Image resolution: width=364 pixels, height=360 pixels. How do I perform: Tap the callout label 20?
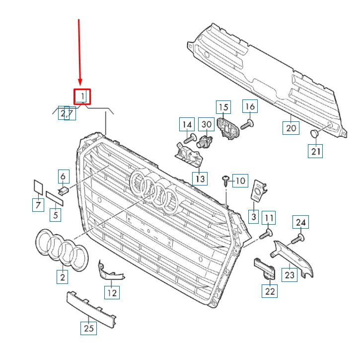click(x=291, y=128)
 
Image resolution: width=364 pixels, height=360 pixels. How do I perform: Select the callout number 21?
click(x=315, y=151)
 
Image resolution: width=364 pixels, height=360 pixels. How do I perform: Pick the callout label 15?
click(x=223, y=107)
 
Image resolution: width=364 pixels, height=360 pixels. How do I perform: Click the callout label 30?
click(x=206, y=124)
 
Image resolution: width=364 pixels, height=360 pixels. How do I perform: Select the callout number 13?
click(x=200, y=178)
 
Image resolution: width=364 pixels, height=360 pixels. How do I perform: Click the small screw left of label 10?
click(x=225, y=180)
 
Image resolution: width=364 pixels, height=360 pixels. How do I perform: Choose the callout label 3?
click(x=253, y=216)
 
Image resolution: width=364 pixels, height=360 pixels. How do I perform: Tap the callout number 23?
click(x=289, y=274)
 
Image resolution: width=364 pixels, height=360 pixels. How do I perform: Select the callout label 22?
click(x=270, y=291)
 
